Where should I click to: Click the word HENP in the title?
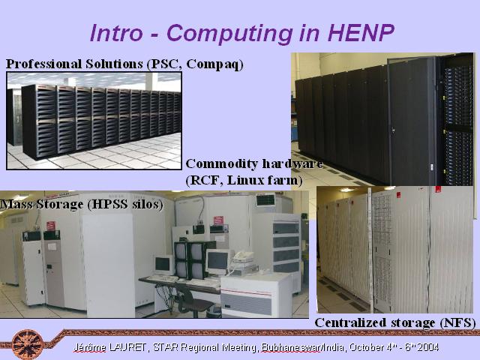tap(361, 32)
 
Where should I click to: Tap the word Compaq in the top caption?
tap(214, 64)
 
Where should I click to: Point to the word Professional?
tap(44, 64)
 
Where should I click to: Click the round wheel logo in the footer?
tap(28, 345)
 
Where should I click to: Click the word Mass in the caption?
tap(16, 204)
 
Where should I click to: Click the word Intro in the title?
tap(117, 32)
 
